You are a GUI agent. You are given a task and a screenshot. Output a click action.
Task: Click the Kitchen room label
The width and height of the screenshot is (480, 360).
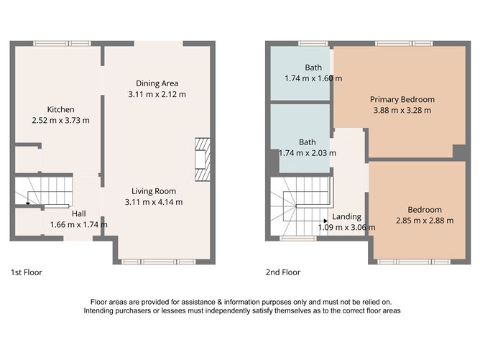click(61, 110)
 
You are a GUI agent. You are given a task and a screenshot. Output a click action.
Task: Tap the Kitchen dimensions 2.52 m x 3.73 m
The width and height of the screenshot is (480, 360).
click(61, 121)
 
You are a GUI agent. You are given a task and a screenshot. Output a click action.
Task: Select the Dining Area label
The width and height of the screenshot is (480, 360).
click(157, 83)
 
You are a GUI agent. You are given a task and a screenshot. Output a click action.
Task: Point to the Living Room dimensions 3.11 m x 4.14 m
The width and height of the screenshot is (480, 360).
click(157, 202)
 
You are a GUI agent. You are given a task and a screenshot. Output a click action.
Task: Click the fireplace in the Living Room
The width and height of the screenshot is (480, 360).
click(201, 158)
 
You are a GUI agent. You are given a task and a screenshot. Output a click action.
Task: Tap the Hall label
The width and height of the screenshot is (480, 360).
click(79, 213)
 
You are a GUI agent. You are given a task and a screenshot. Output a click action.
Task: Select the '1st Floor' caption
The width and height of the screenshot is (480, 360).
click(26, 272)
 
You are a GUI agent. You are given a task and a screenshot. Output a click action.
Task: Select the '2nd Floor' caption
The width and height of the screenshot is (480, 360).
click(282, 272)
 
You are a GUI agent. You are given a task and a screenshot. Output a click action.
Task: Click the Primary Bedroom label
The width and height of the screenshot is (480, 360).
click(402, 99)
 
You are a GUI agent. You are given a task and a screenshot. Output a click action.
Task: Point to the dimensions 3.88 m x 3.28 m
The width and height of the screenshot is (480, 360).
click(402, 111)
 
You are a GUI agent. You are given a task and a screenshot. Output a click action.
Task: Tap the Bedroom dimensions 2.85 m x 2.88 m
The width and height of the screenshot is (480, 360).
click(424, 221)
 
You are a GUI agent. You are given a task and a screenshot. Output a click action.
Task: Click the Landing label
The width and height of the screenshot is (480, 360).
click(347, 216)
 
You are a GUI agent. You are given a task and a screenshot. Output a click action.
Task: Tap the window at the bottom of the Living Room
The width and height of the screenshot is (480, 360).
click(158, 261)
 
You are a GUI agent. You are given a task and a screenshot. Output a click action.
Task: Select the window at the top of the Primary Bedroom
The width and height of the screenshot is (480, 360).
click(402, 44)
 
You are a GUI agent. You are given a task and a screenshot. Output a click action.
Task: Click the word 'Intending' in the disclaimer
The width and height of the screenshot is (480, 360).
click(99, 311)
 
